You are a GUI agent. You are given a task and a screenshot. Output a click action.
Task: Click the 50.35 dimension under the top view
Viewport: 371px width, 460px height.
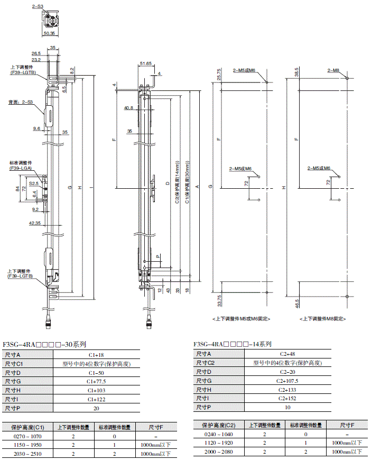click(49, 33)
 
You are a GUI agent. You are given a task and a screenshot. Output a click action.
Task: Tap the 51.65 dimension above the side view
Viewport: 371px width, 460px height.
click(145, 63)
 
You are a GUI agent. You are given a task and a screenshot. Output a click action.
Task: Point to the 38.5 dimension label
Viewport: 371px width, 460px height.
click(297, 72)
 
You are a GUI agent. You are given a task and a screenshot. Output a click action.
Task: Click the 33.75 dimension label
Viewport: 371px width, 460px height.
click(219, 301)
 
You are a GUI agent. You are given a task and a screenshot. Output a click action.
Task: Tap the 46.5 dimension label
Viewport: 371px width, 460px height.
click(297, 302)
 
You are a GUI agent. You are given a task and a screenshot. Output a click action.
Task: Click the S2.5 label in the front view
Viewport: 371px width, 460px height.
click(34, 183)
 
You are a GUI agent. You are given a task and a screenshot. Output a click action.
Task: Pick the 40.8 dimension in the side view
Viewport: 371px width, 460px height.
click(129, 108)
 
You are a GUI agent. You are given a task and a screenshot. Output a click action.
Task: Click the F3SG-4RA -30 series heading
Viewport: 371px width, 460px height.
click(44, 344)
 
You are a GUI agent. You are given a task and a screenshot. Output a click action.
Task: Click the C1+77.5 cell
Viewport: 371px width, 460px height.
click(96, 381)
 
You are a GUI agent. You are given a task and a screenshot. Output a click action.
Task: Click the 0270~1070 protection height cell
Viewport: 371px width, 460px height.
click(27, 437)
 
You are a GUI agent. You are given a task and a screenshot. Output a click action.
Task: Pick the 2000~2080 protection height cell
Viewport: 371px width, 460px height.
click(218, 452)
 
